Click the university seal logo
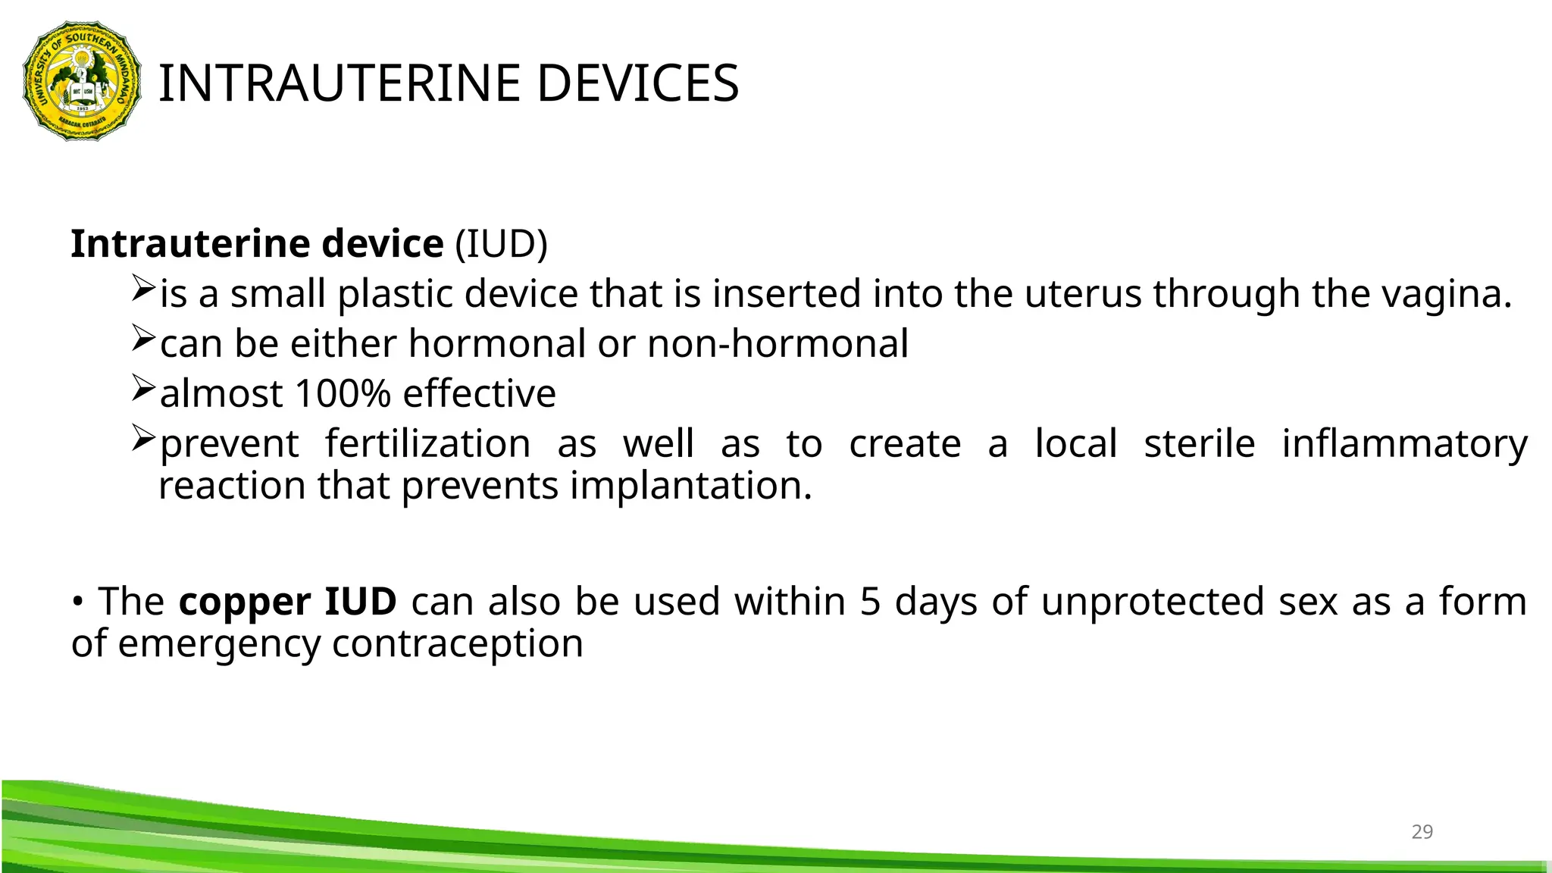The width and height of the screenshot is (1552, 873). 82,81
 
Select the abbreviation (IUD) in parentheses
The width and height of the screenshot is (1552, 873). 501,244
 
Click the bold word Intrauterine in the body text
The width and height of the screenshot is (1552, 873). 190,244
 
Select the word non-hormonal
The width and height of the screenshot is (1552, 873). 778,344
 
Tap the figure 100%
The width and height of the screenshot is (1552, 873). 343,394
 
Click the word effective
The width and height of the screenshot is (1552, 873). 480,394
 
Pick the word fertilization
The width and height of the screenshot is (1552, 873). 428,444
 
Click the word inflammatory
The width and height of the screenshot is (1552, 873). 1404,444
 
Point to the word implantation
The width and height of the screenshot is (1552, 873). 690,486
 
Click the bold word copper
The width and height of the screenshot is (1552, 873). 244,602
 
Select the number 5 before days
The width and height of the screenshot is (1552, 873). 870,602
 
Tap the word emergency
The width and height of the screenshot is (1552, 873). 219,643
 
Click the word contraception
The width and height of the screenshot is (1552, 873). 458,643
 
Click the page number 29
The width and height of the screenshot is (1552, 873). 1422,832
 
